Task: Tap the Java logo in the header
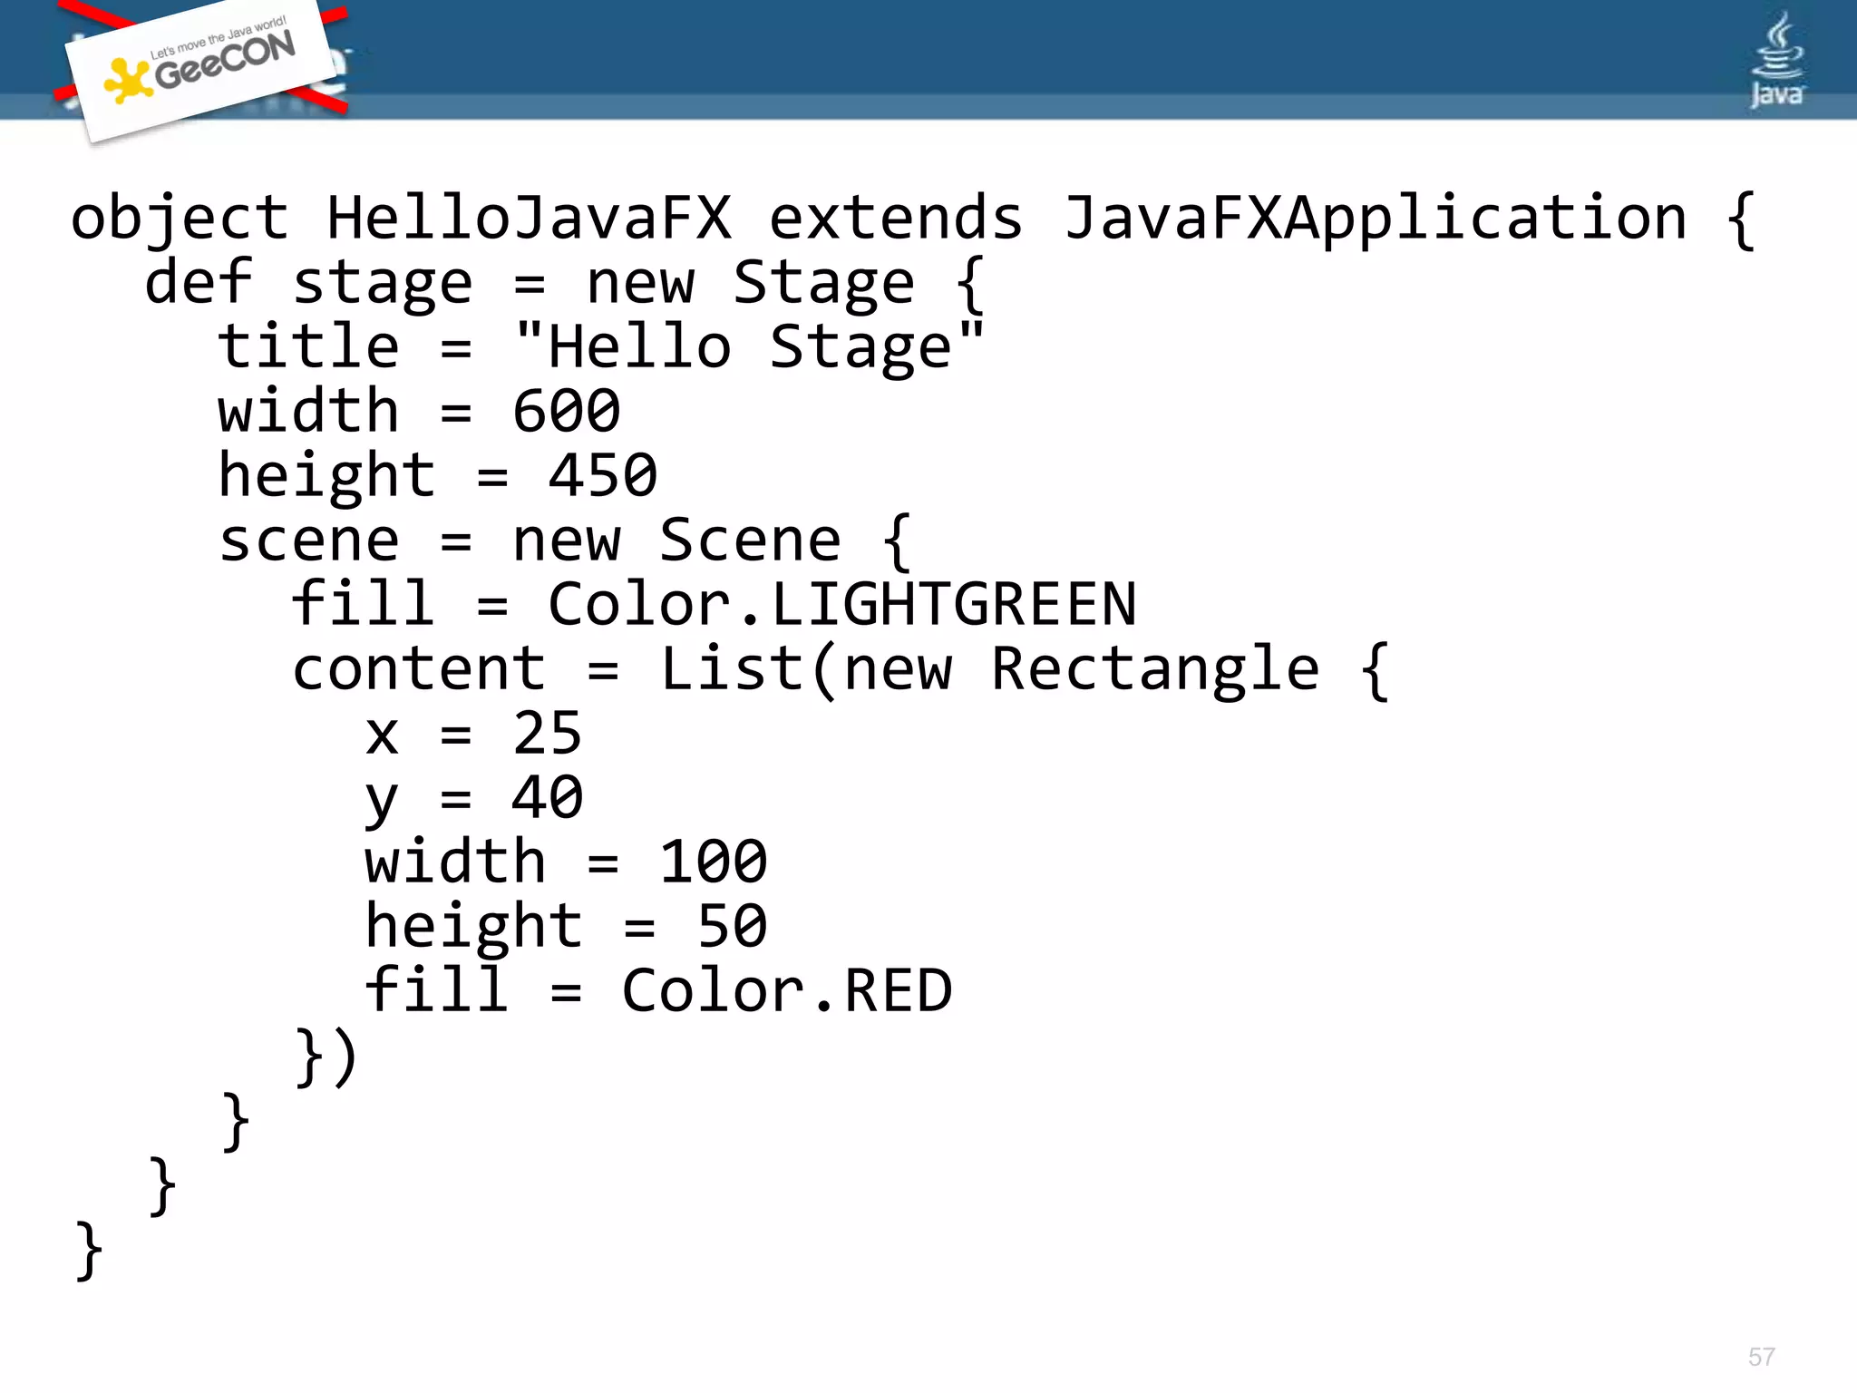(x=1776, y=62)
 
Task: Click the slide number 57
(x=1761, y=1357)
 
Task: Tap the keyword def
(x=198, y=282)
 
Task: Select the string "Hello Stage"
(x=749, y=347)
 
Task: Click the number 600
(x=567, y=412)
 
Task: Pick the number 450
(x=603, y=476)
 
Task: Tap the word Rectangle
(x=1154, y=669)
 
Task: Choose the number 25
(x=547, y=734)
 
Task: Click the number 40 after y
(x=547, y=798)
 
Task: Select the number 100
(x=713, y=862)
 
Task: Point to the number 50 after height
(x=732, y=927)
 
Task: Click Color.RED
(x=787, y=991)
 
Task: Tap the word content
(x=419, y=669)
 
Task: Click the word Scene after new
(x=750, y=541)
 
